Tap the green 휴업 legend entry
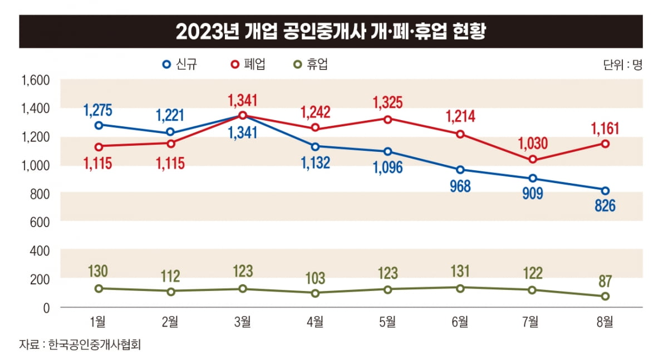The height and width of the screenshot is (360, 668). tap(311, 64)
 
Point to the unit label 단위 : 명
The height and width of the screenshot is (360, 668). tap(622, 65)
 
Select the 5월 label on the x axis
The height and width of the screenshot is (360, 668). tap(387, 321)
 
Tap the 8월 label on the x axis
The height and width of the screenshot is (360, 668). tap(605, 321)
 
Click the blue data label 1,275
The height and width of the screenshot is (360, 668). tap(99, 110)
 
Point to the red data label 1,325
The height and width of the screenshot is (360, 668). tap(387, 103)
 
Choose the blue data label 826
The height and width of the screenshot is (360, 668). tap(605, 206)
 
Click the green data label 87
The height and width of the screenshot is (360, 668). tap(605, 281)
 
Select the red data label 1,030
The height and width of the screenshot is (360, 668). tap(533, 144)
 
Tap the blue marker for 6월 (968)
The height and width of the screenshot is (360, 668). tap(460, 170)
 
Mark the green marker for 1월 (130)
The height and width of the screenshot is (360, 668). tap(99, 288)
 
